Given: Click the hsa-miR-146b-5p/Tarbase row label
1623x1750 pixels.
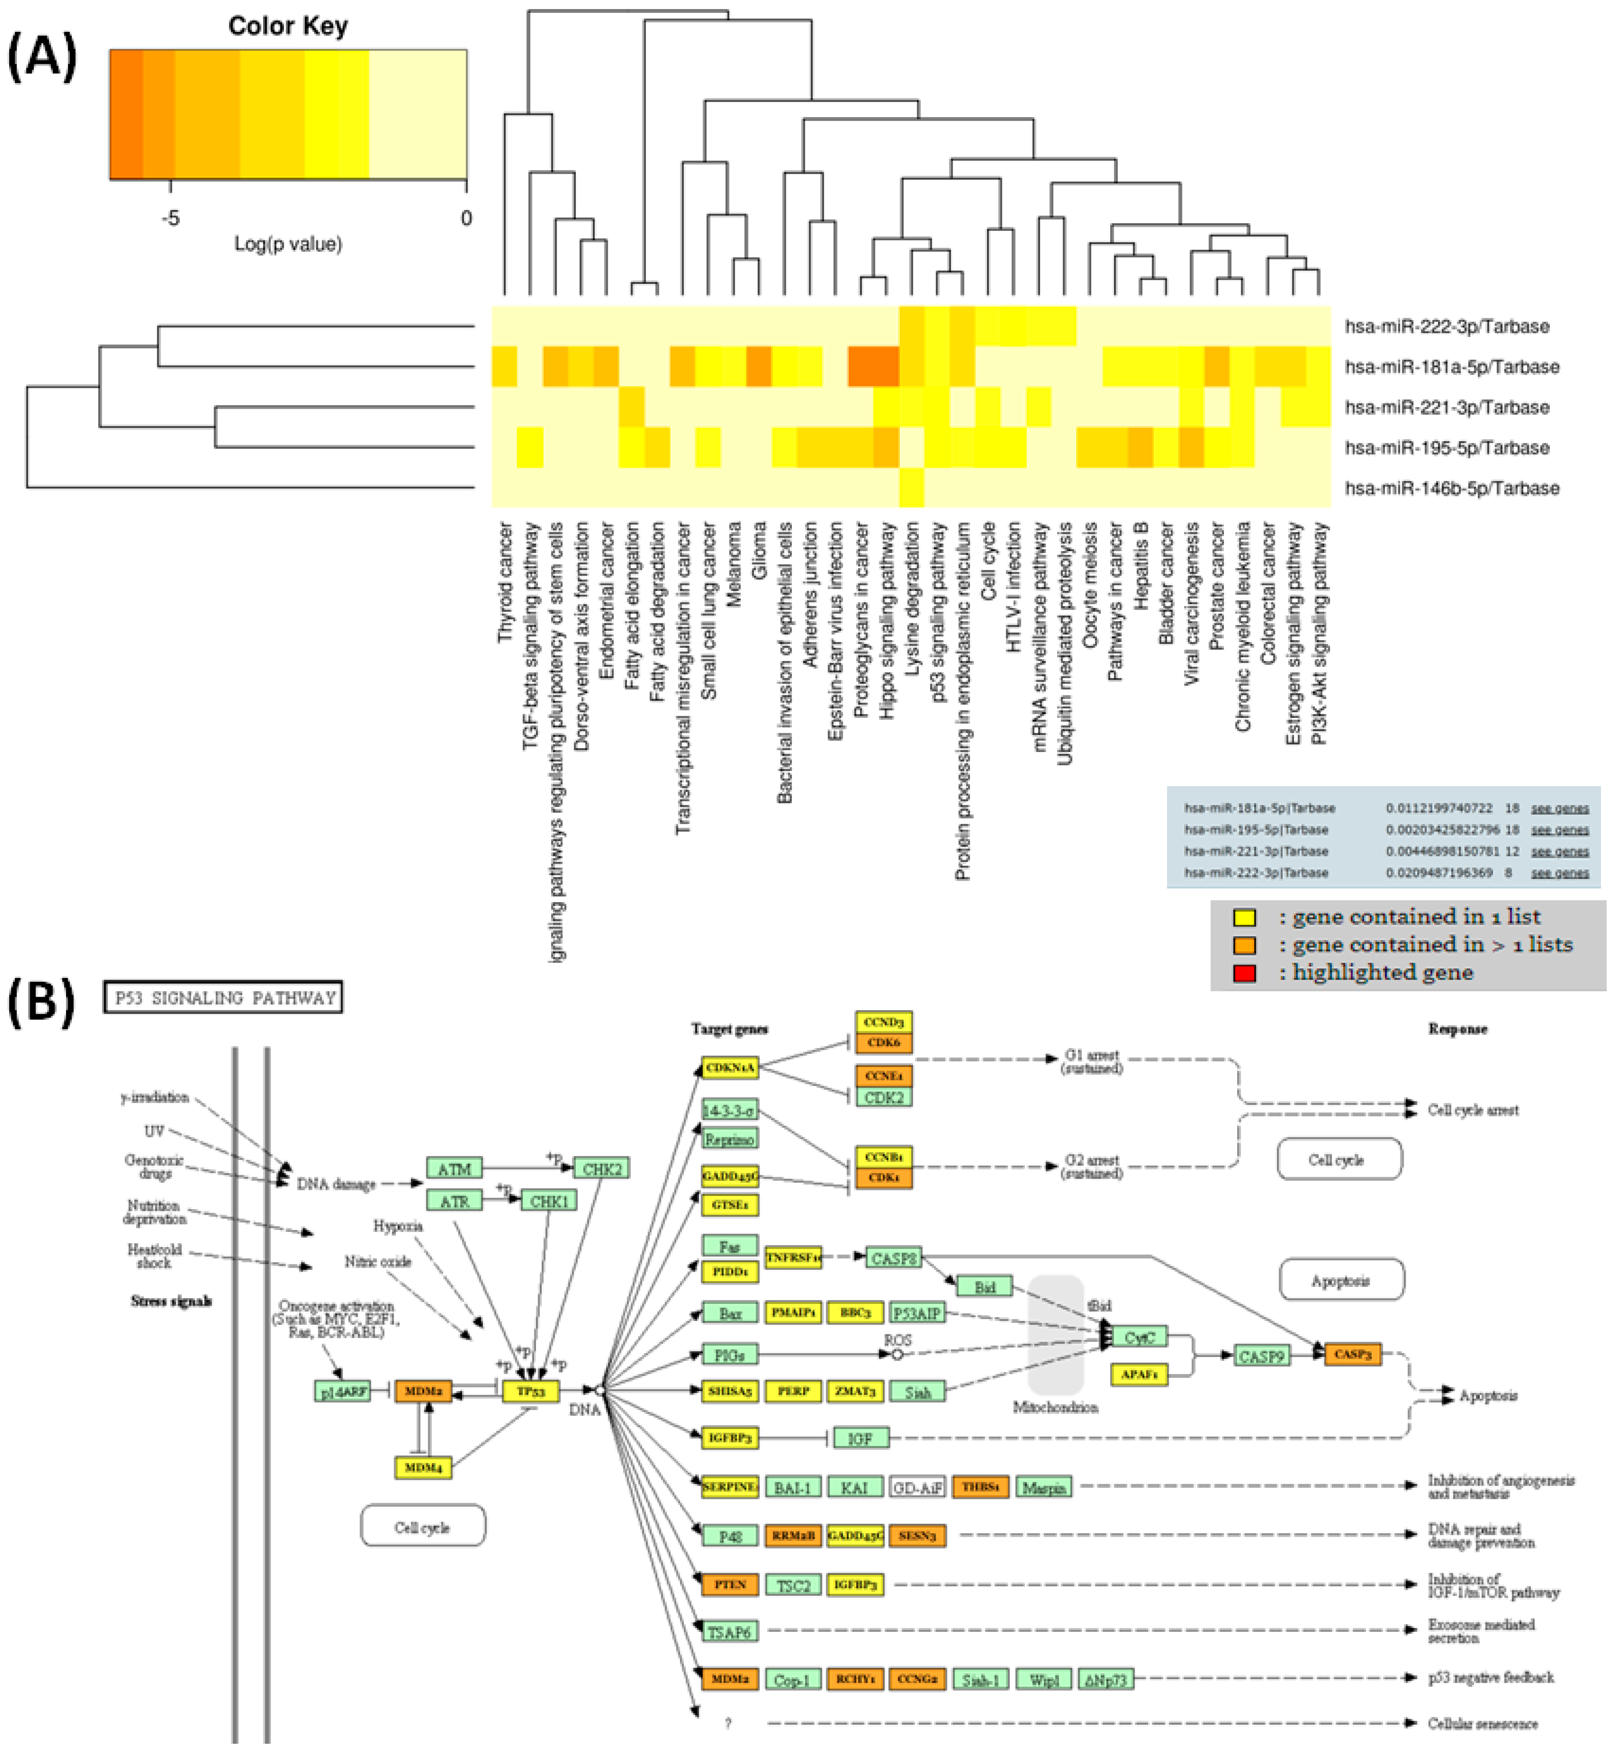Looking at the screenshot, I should pos(1452,488).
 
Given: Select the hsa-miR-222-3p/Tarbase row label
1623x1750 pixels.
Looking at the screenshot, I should pos(1447,327).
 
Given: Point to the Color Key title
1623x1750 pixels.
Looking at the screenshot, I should pos(288,27).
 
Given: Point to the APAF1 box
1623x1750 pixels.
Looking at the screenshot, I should pos(1139,1374).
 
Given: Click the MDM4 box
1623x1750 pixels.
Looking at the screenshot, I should pos(423,1468).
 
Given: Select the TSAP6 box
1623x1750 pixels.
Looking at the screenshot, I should pos(729,1632).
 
